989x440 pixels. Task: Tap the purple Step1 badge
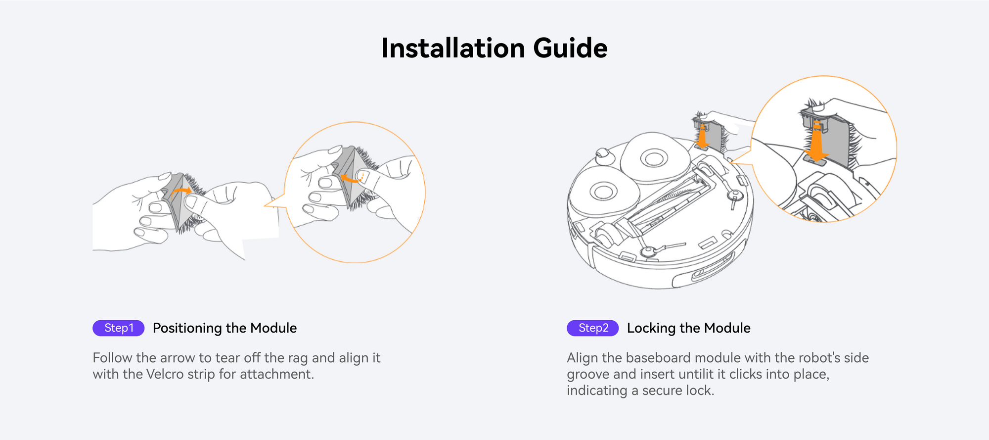pos(119,328)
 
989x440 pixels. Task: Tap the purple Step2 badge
pos(593,328)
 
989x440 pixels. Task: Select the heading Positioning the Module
pos(225,328)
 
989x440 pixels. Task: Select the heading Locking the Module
pos(688,328)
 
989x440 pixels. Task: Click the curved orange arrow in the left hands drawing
pos(181,191)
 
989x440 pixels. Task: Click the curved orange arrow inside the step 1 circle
pos(352,178)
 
